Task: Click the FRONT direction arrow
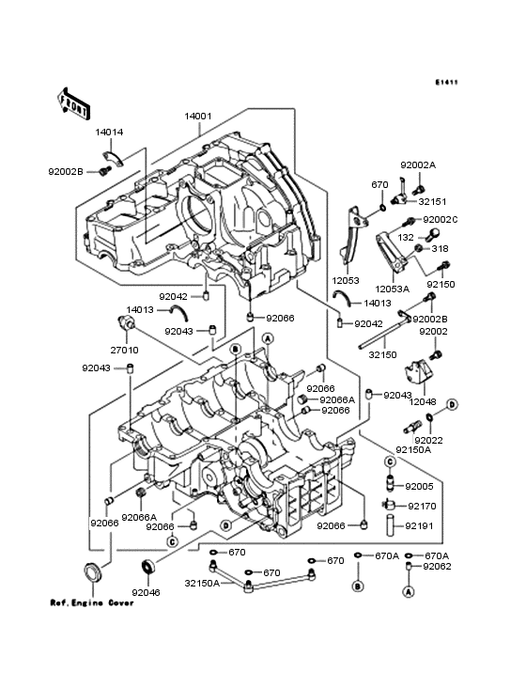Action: [72, 103]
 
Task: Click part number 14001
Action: [197, 117]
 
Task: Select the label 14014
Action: [109, 133]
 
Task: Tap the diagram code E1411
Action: [447, 82]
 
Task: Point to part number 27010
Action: [125, 351]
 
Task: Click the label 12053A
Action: [393, 289]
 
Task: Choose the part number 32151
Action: [432, 202]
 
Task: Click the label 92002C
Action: [441, 220]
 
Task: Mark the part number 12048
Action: [423, 401]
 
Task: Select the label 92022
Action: [428, 440]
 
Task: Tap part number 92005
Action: [419, 486]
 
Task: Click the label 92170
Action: [422, 507]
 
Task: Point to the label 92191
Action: [419, 525]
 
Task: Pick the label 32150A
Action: [202, 583]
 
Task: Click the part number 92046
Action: [146, 592]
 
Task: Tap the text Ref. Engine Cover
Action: [92, 602]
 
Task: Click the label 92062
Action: [437, 567]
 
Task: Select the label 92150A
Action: [413, 450]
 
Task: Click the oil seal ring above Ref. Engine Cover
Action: [92, 571]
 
